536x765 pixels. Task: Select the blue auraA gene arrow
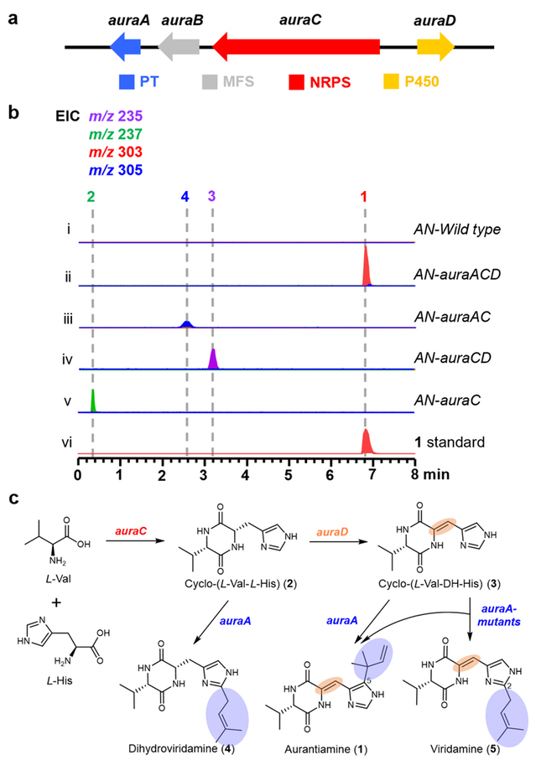128,48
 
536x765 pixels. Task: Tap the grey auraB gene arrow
178,48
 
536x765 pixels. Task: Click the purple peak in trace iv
213,359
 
